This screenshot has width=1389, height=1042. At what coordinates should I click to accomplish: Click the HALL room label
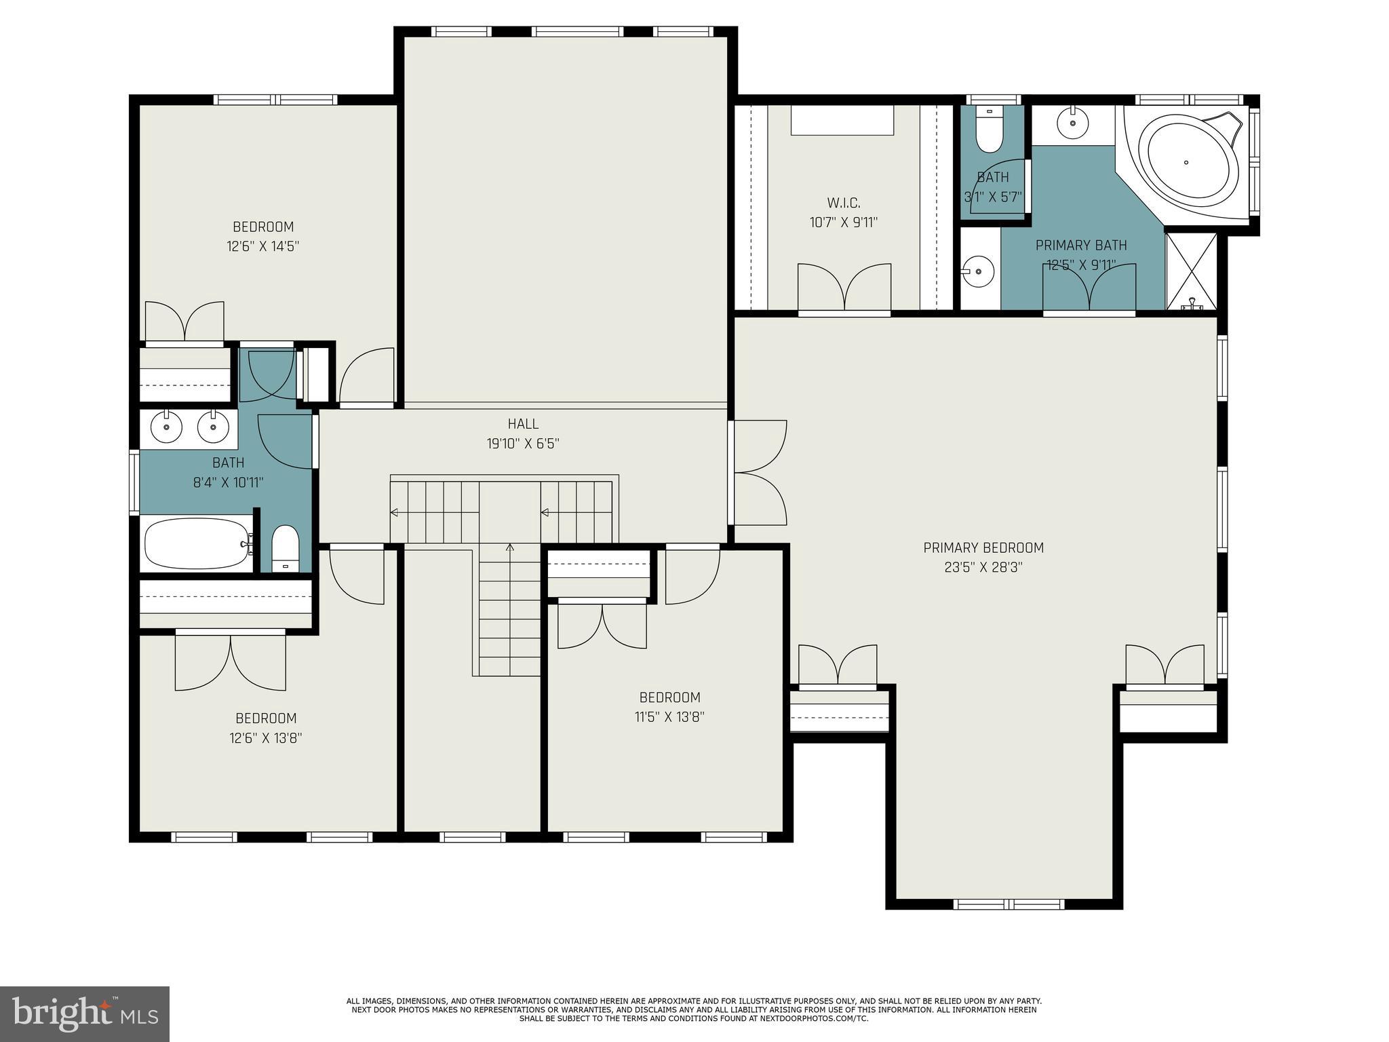[523, 424]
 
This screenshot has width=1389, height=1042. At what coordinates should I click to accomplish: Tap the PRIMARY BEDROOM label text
[983, 547]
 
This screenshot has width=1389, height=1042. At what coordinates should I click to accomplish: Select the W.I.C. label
[844, 203]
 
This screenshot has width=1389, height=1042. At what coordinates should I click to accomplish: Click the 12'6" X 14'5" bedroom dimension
[263, 246]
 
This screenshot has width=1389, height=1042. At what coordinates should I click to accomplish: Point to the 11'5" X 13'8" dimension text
[669, 717]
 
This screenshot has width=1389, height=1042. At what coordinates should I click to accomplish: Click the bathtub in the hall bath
[197, 543]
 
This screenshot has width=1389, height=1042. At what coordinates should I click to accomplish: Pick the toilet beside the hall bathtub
[285, 548]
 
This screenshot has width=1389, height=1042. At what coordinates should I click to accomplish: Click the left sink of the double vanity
[166, 427]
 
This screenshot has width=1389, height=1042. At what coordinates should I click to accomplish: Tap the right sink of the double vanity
[213, 427]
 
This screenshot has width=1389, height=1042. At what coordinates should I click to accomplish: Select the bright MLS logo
[85, 1014]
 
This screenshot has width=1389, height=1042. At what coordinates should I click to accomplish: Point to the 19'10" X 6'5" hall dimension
[523, 444]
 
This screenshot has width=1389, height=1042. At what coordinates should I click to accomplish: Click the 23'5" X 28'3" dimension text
[983, 567]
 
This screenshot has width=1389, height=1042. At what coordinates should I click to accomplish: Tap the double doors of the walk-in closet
[844, 287]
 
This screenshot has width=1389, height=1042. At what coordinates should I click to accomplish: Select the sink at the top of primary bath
[1073, 123]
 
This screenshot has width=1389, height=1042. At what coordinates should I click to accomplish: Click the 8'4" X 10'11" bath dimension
[229, 482]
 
